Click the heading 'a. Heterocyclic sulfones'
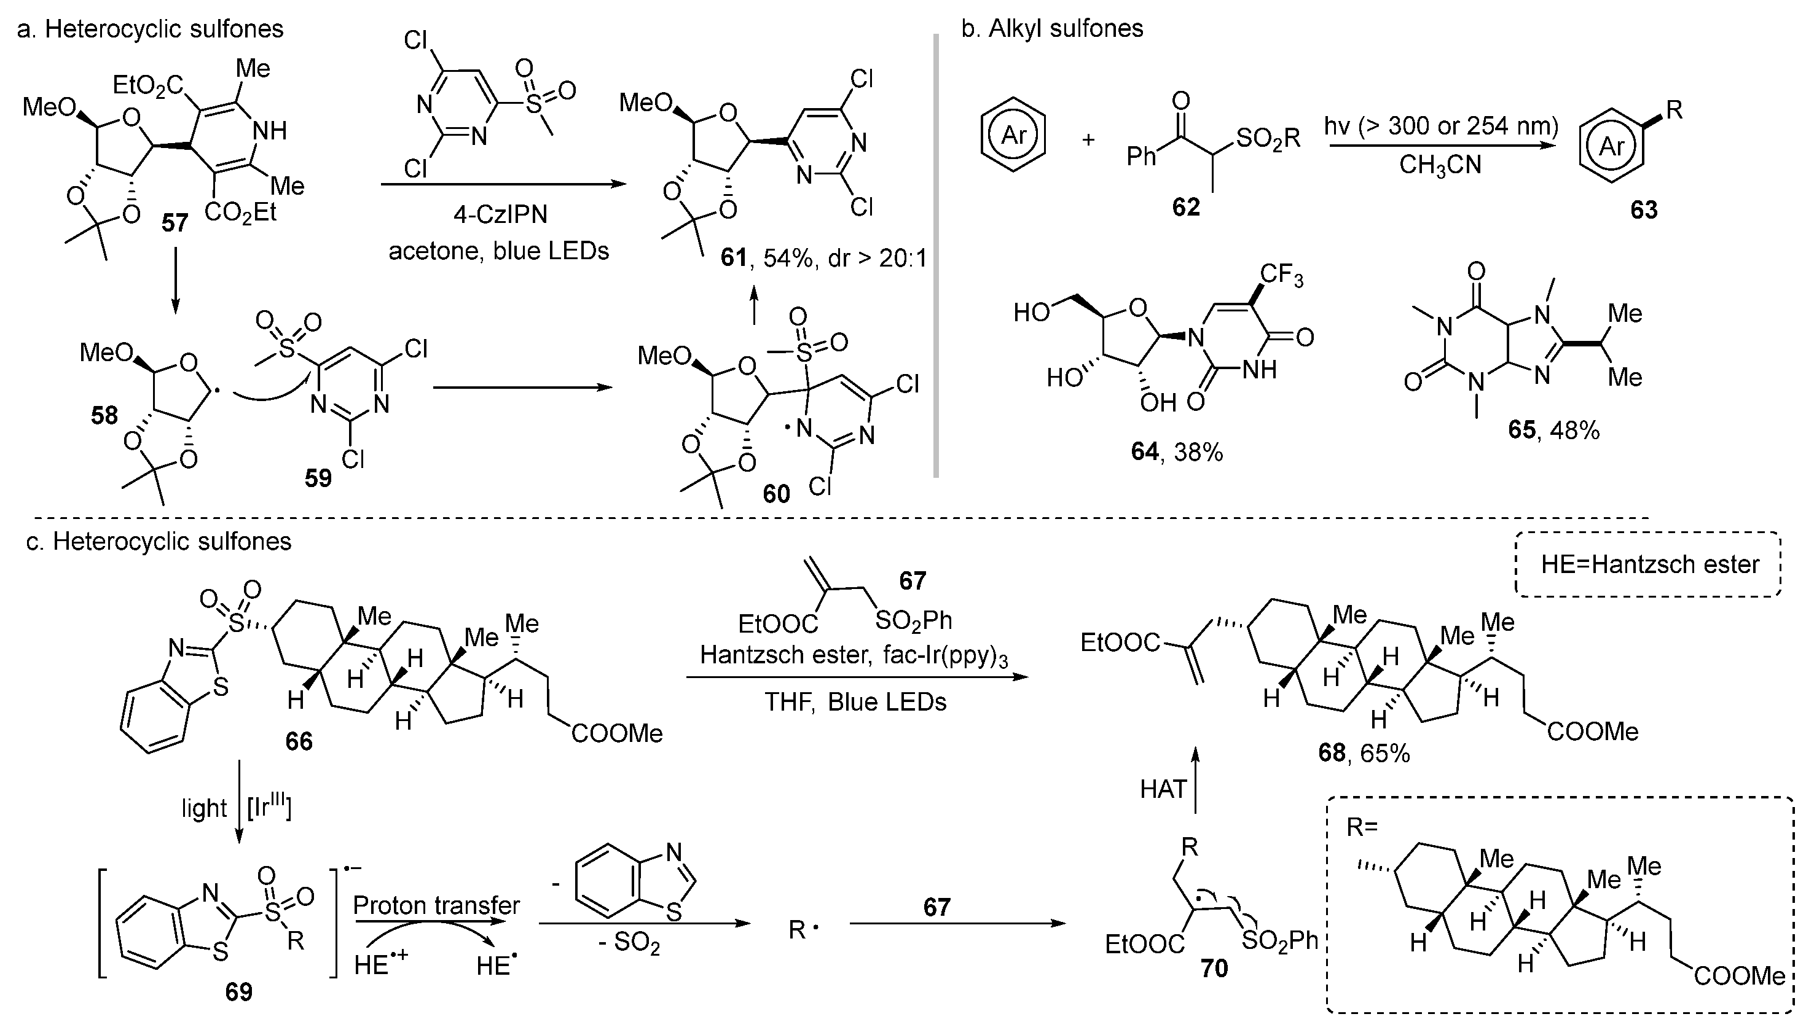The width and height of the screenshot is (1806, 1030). (150, 29)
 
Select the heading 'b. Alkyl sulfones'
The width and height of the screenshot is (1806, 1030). (1051, 28)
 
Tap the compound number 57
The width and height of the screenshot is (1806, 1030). (175, 224)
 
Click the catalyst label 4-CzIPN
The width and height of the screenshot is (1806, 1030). (500, 214)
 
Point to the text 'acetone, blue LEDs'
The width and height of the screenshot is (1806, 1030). (498, 251)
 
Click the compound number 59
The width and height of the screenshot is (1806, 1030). (318, 478)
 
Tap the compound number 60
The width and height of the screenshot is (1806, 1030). (775, 494)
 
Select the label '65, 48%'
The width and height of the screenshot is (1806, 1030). (1553, 429)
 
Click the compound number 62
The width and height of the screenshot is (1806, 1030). (1185, 206)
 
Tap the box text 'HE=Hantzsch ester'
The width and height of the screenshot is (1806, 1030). (1649, 564)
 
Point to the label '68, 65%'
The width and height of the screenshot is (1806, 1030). (1364, 753)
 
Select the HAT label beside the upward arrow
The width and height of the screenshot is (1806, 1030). (1163, 789)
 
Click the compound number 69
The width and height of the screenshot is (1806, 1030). (238, 992)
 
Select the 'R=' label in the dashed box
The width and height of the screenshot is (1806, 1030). (1362, 826)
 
